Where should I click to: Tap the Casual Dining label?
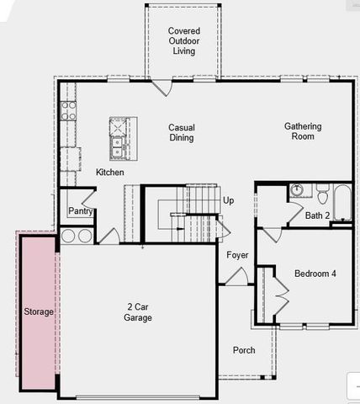point(182,132)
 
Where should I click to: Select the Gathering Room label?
point(302,131)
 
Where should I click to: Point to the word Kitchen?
point(109,173)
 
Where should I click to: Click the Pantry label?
point(80,211)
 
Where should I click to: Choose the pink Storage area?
point(38,311)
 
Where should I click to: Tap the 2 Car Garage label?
point(139,312)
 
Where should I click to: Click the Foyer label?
point(237,255)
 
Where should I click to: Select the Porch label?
point(244,350)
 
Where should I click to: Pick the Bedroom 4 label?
point(315,274)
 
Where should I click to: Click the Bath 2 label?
point(317,216)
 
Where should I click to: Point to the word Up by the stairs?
point(229,200)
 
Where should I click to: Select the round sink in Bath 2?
point(296,190)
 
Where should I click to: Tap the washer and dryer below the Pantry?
point(76,236)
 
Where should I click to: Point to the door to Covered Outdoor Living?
point(162,86)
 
